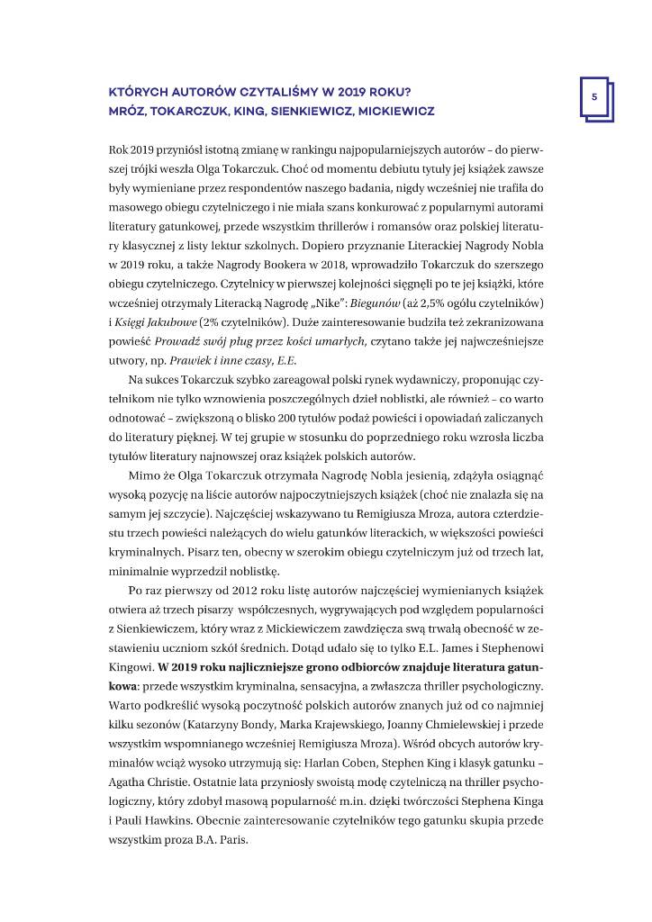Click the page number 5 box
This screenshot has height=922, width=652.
[x=594, y=96]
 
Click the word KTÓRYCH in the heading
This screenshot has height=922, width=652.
[x=139, y=92]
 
